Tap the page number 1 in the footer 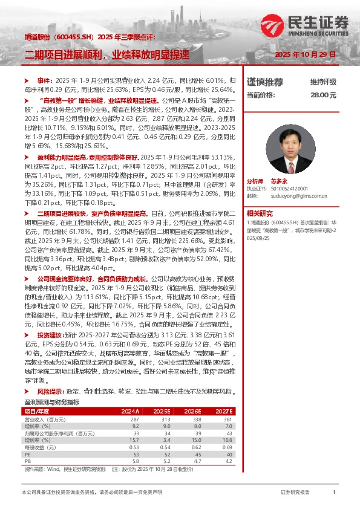334,493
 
